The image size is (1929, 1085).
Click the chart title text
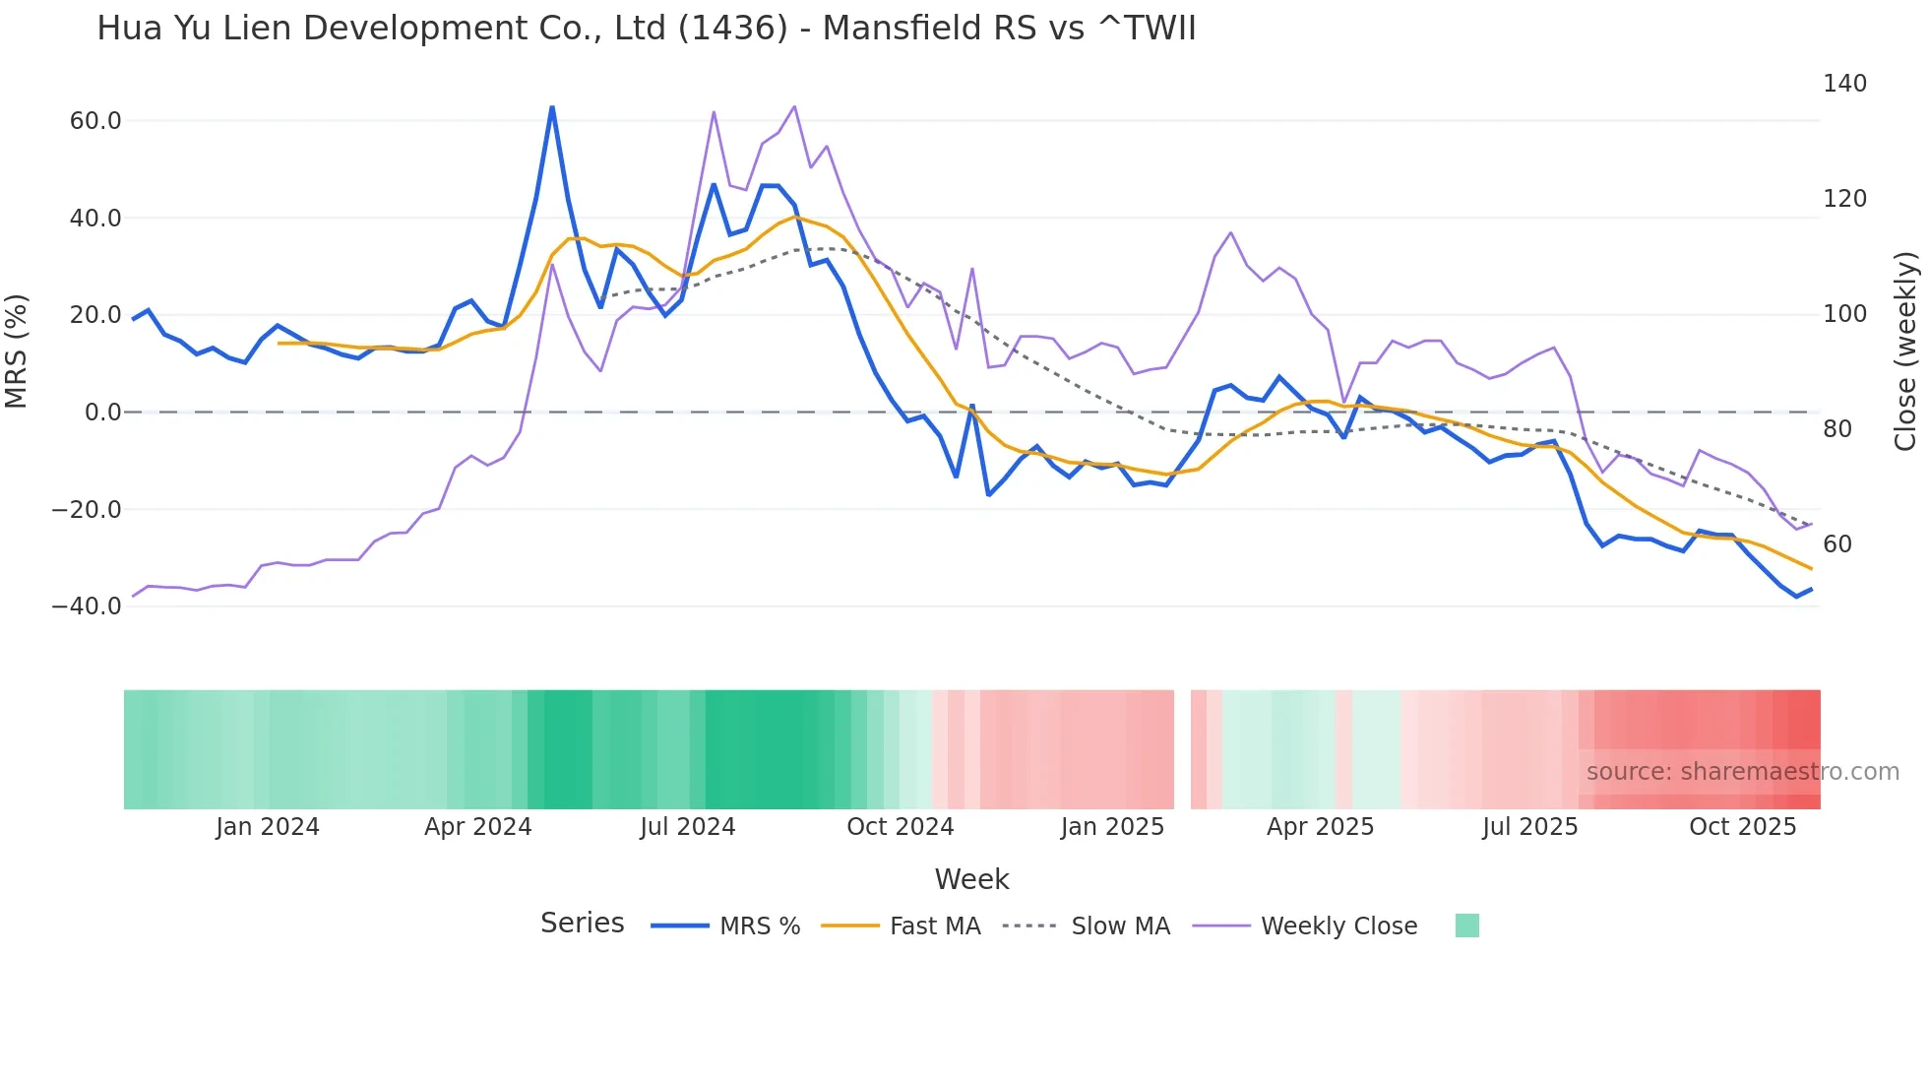pos(646,29)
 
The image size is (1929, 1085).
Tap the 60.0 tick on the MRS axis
pos(95,121)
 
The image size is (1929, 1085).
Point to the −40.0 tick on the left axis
pos(87,606)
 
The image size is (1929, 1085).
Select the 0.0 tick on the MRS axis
pos(102,413)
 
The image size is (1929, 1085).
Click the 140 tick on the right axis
pos(1844,84)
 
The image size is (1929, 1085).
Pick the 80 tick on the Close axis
pos(1837,429)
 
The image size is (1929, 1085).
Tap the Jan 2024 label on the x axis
pos(268,827)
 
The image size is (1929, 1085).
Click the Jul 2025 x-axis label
pos(1529,827)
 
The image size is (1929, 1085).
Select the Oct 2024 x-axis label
pos(900,827)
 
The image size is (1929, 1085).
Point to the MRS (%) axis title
pos(17,351)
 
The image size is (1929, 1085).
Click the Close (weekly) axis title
pos(1906,351)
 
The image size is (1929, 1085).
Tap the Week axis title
pos(971,879)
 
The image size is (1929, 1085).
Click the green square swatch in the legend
pos(1466,925)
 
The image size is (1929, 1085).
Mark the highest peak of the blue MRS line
pos(552,107)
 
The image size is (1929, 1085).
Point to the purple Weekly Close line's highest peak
pos(794,106)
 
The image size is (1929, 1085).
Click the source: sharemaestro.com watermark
pos(1742,772)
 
